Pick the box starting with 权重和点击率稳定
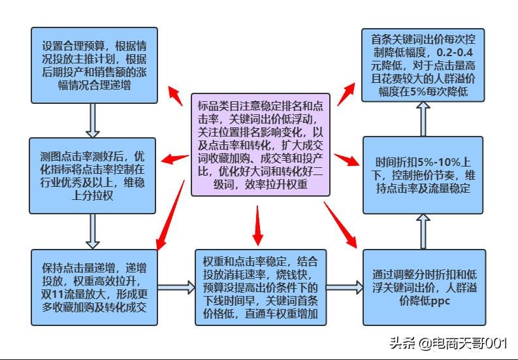259,287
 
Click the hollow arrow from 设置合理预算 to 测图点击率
93,120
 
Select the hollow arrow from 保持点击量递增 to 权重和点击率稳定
176,287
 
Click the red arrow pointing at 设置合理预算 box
174,95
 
